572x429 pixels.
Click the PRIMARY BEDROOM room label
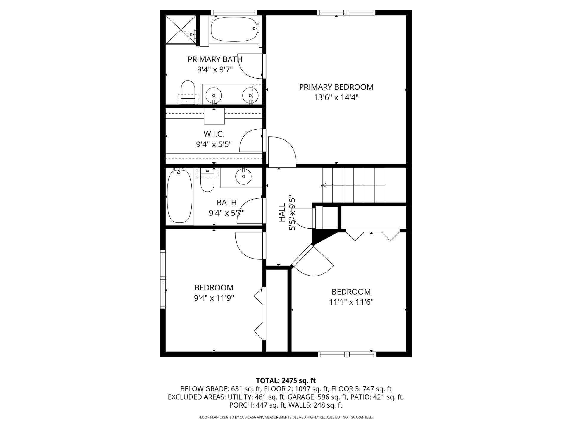[336, 87]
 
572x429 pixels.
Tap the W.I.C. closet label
[214, 134]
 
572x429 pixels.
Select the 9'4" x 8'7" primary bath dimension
[215, 70]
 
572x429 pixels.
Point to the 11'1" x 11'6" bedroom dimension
[351, 302]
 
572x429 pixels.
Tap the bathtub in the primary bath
[234, 29]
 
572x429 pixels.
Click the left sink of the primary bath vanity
[214, 95]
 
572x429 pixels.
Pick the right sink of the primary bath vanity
[250, 95]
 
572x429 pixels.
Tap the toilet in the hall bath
[207, 179]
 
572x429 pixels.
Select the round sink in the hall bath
[243, 176]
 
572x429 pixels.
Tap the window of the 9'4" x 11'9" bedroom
[163, 279]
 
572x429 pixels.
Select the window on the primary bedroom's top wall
[346, 13]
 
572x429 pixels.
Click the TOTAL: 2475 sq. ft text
[286, 380]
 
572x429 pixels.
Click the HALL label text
[282, 212]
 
